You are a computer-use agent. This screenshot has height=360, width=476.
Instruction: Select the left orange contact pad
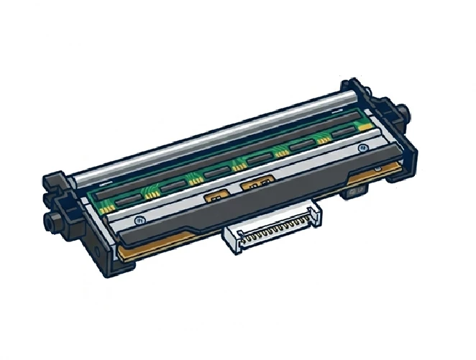click(x=214, y=195)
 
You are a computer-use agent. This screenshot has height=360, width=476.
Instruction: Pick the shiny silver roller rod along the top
click(x=216, y=137)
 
